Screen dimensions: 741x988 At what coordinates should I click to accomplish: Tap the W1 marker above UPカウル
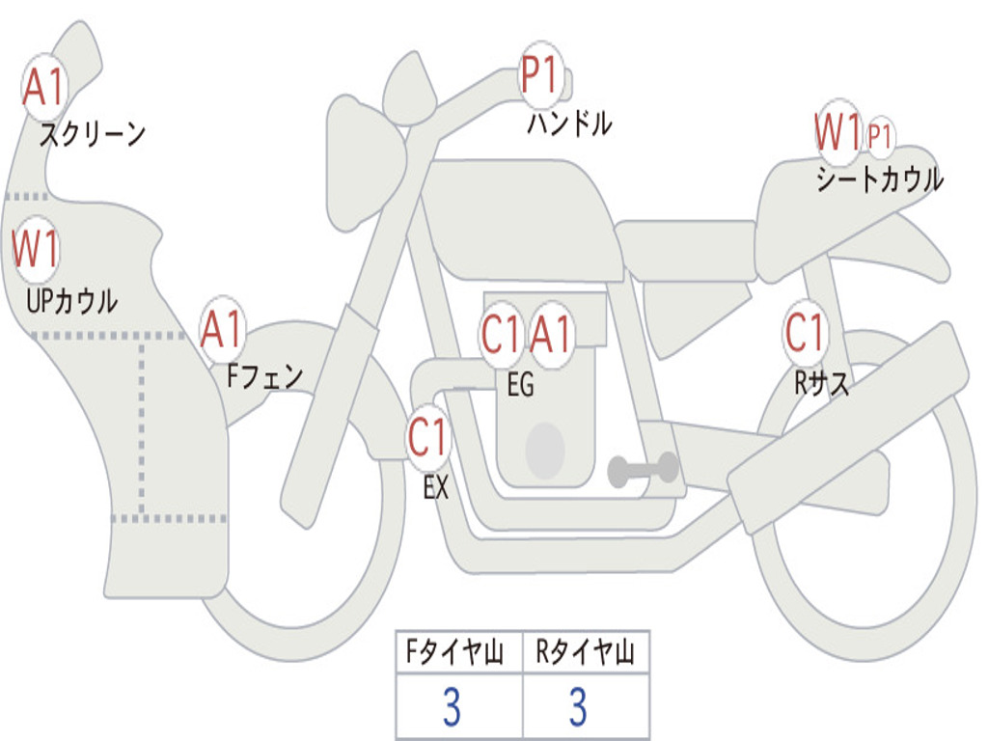coord(36,250)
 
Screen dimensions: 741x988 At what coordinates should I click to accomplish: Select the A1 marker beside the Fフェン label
coord(223,331)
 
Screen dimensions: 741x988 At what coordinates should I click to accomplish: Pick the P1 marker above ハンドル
coord(540,75)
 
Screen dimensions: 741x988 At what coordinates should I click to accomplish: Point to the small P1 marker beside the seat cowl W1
coord(879,136)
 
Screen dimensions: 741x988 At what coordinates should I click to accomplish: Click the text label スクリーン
coord(93,134)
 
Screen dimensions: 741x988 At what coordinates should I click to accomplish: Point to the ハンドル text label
coord(569,123)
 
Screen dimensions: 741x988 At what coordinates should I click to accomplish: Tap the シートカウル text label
coord(879,179)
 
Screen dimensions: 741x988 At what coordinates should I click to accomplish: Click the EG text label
coord(520,385)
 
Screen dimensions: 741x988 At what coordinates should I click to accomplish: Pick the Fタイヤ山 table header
coord(458,654)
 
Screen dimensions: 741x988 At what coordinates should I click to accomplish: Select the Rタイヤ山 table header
coord(586,654)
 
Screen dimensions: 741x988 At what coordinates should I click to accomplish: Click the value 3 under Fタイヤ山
coord(451,708)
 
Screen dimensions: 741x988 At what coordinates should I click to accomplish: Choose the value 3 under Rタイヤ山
coord(577,708)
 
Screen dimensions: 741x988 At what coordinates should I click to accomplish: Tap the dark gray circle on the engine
coord(544,451)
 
